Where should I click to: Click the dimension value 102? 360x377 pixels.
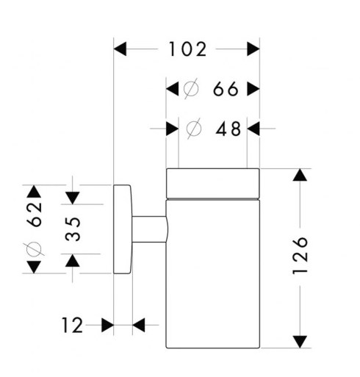point(188,49)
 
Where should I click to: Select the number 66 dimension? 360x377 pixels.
point(226,89)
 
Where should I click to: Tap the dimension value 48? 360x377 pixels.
point(228,129)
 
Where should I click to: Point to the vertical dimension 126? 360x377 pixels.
point(300,256)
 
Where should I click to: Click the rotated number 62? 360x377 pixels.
point(34,215)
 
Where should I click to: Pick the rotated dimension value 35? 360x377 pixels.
point(73,229)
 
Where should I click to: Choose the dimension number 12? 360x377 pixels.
point(72,325)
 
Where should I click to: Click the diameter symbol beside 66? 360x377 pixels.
point(191,89)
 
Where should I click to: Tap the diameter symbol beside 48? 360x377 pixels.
point(194,129)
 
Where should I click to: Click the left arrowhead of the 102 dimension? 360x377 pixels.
point(120,49)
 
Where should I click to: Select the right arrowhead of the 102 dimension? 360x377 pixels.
point(253,49)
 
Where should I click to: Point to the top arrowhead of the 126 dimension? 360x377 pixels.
point(300,175)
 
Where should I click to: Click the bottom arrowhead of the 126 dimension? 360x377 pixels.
point(300,342)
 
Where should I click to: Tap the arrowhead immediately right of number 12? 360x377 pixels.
point(139,325)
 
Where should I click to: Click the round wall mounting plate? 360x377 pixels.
point(123,229)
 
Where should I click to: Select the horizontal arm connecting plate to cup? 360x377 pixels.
point(150,229)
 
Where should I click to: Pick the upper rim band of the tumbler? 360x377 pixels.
point(212,183)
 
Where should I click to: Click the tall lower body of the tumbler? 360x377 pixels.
point(212,274)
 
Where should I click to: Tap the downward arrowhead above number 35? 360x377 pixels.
point(73,198)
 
